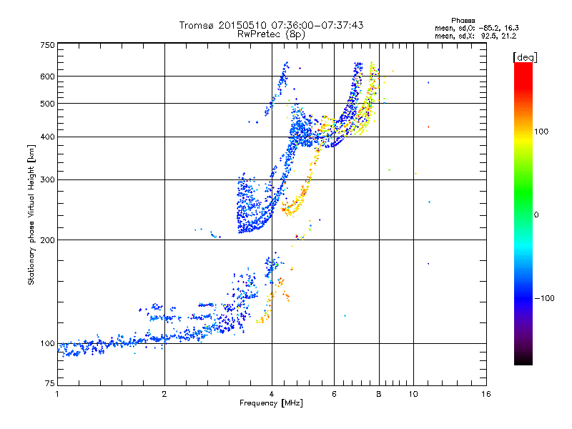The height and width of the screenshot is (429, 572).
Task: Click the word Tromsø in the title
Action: (197, 25)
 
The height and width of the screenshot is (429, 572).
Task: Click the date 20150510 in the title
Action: (243, 25)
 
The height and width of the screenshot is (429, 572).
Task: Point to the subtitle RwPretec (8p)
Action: (271, 34)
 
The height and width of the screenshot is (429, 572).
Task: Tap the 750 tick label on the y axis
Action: (48, 45)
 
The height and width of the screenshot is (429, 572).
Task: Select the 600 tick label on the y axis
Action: (48, 77)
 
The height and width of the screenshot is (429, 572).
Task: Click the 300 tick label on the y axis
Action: (48, 180)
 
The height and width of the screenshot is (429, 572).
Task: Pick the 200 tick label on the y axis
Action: (48, 240)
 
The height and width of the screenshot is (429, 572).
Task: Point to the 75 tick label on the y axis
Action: (50, 383)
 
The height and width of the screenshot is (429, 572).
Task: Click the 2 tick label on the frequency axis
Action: (164, 394)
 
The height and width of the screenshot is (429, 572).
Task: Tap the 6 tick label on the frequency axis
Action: (334, 394)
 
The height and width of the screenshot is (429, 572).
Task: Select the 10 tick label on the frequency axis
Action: (413, 394)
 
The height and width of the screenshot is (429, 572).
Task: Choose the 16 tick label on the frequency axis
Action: (486, 394)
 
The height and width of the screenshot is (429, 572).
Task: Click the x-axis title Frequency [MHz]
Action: (271, 403)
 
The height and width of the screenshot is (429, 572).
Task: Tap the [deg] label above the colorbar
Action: (526, 58)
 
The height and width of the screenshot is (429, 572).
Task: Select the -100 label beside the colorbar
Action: (544, 298)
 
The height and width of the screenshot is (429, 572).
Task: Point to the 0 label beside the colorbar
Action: (536, 215)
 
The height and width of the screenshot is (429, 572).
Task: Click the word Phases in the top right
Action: (463, 21)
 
